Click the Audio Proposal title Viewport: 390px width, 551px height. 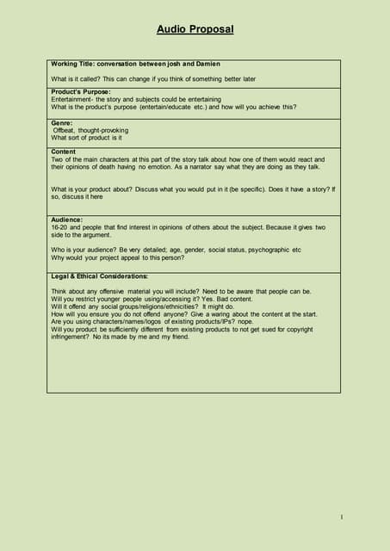tap(195, 29)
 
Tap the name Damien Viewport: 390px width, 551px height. tap(207, 64)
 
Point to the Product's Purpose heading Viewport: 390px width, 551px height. tap(81, 92)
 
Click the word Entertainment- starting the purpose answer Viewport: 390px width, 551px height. tap(75, 100)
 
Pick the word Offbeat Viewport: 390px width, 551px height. tap(66, 131)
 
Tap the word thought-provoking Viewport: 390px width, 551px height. tap(103, 131)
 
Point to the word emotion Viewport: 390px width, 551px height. tap(164, 167)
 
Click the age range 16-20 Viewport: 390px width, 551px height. tap(60, 227)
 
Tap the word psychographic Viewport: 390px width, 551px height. tap(268, 250)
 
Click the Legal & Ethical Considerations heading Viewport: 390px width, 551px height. tap(100, 276)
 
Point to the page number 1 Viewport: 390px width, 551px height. tap(342, 517)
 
